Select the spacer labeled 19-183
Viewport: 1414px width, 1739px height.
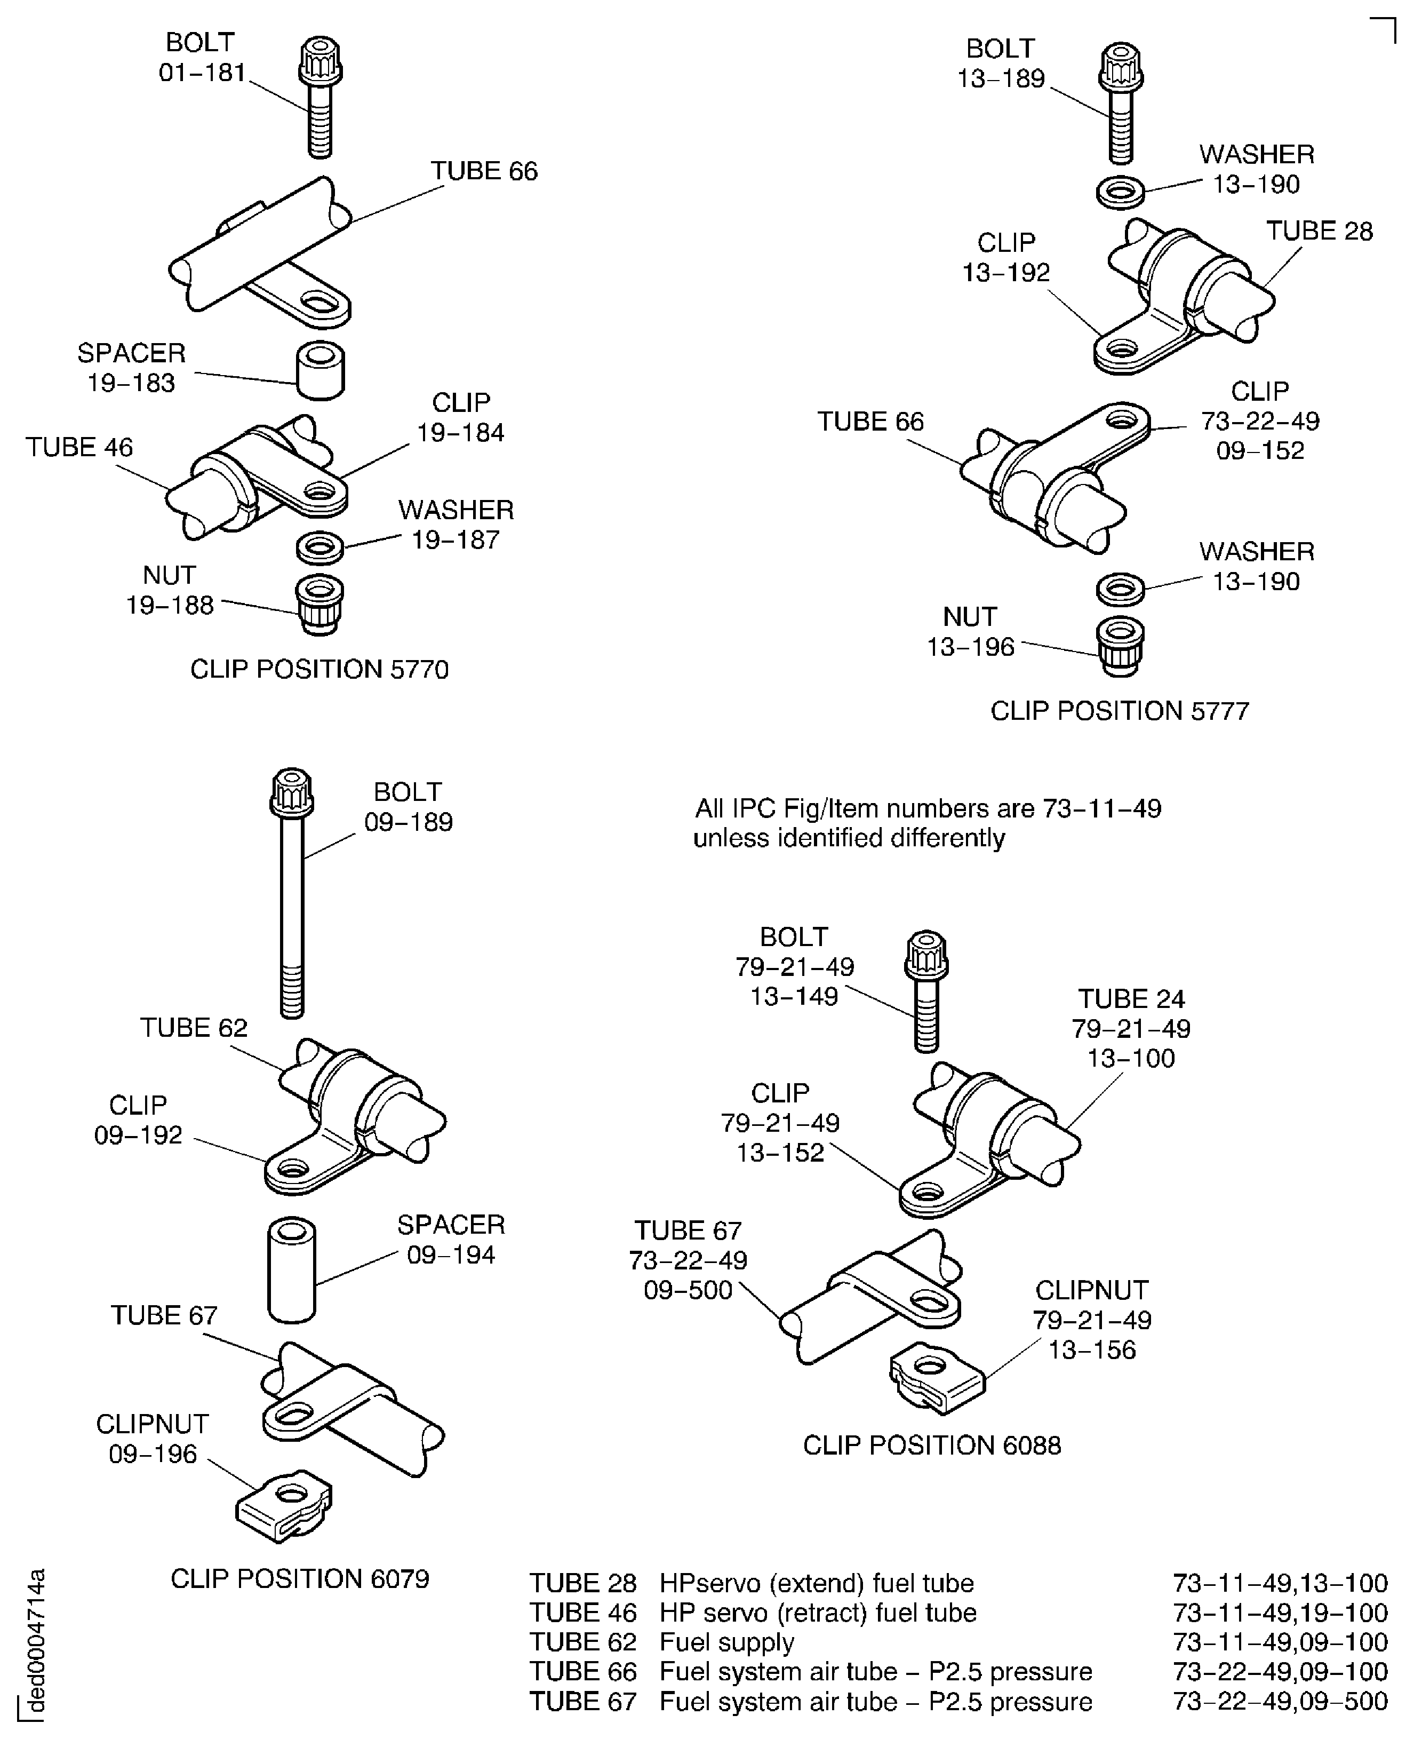coord(320,371)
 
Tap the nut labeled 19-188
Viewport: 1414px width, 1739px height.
coord(319,604)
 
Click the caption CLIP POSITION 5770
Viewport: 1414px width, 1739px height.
coord(319,669)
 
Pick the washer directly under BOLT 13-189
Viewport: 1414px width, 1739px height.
coord(1121,192)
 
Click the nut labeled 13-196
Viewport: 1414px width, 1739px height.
coord(1121,646)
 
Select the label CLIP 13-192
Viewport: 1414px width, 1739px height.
coord(1006,258)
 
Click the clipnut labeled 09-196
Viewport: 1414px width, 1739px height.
coord(285,1506)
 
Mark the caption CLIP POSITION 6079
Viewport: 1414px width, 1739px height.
coord(300,1578)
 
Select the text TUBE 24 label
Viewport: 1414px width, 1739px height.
coord(1131,999)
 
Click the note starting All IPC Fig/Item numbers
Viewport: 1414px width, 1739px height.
coord(927,823)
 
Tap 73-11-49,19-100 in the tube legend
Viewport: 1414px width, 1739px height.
coord(1280,1613)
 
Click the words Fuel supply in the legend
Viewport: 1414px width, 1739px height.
coord(726,1642)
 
